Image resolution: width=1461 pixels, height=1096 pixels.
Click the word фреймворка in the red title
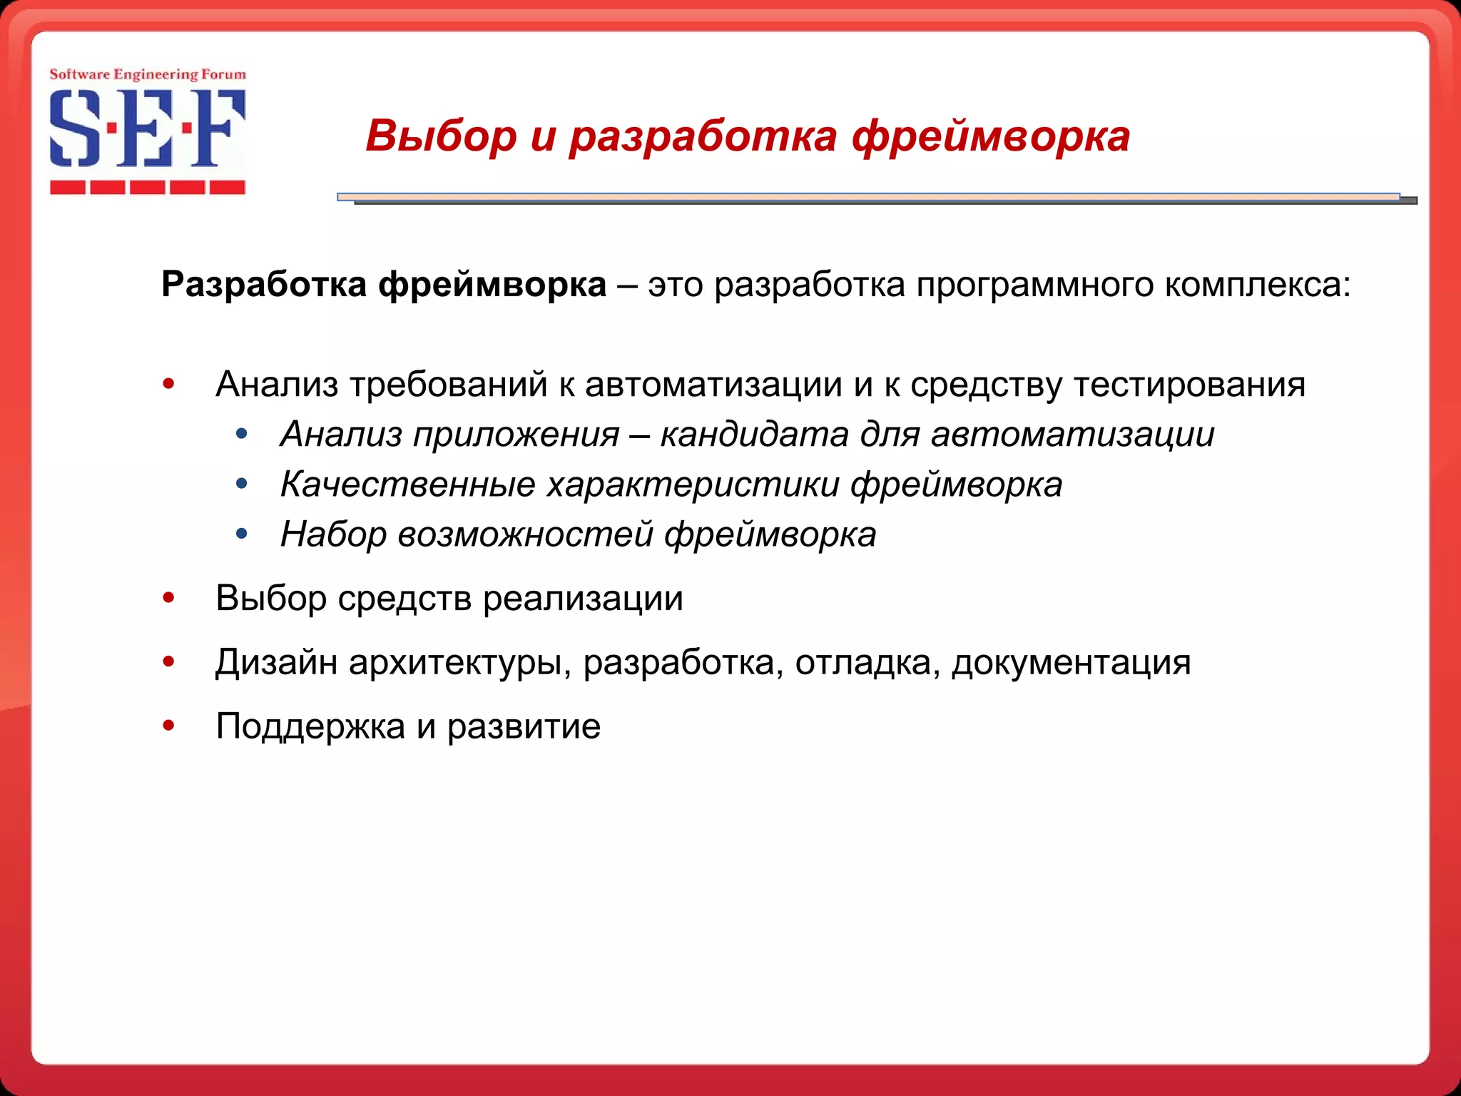991,136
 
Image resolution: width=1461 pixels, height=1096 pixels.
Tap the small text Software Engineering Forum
148,74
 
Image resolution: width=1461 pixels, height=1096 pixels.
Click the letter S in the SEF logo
74,128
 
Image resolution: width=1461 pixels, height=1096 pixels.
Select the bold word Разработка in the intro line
264,285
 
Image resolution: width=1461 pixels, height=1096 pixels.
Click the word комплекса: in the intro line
1258,285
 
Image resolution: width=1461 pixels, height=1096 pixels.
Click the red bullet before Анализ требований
169,385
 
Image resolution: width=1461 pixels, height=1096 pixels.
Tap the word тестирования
1189,385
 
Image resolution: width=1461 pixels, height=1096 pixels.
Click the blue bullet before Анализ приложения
242,434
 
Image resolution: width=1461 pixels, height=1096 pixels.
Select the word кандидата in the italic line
754,435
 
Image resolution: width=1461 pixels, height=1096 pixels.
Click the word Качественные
407,484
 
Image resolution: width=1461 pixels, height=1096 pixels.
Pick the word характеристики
693,484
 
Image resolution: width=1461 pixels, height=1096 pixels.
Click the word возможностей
525,534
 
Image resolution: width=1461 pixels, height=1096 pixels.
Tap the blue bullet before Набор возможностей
242,534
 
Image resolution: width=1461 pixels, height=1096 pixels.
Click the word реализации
583,598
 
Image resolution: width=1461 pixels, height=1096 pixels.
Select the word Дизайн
276,662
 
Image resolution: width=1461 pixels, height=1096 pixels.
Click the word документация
1071,662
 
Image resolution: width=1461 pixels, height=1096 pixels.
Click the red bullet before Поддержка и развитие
169,726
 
